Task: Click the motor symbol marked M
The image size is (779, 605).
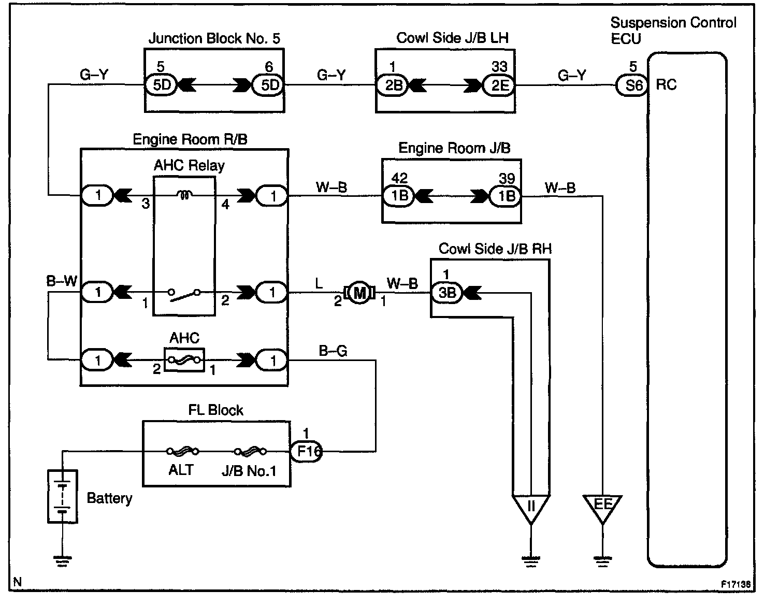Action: (359, 293)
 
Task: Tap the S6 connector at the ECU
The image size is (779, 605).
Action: (632, 85)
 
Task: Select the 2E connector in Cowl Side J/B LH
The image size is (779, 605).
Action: (499, 85)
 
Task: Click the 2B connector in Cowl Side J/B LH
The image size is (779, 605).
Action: (392, 85)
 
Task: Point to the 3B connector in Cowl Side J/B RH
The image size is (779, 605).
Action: (446, 293)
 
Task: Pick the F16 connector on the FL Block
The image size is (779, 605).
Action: (306, 451)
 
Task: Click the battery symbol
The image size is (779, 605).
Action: (62, 496)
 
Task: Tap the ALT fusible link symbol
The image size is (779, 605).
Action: (183, 451)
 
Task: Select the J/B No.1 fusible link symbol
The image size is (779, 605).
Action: (250, 451)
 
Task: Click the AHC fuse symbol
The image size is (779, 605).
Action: (184, 359)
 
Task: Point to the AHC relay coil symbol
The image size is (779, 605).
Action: (184, 195)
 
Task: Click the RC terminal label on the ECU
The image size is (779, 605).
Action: (666, 84)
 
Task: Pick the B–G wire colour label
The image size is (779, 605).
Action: (333, 351)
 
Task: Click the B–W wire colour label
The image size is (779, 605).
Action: (62, 281)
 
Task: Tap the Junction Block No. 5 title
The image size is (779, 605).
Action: (214, 38)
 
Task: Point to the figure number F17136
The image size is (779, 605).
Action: (736, 584)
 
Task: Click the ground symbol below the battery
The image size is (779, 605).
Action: (62, 561)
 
